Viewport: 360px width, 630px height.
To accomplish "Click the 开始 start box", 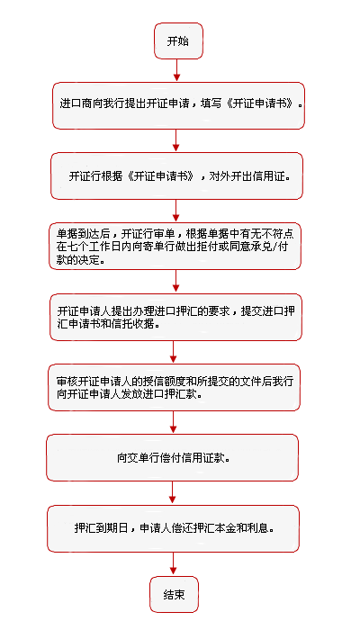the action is pyautogui.click(x=178, y=41).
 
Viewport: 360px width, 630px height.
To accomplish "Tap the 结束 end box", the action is pyautogui.click(x=175, y=594).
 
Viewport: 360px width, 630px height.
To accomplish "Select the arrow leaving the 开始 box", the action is pyautogui.click(x=176, y=71).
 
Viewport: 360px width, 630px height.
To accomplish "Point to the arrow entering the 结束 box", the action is pyautogui.click(x=173, y=564).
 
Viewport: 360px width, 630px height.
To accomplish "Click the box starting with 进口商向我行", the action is pyautogui.click(x=178, y=105).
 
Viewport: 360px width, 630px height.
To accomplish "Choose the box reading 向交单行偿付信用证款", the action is pyautogui.click(x=173, y=457).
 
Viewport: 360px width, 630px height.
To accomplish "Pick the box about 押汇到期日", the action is pyautogui.click(x=173, y=529).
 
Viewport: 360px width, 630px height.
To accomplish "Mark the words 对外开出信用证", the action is pyautogui.click(x=249, y=176).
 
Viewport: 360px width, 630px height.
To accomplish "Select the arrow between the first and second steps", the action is pyautogui.click(x=176, y=141).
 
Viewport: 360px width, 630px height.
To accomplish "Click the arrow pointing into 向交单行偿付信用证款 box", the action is pyautogui.click(x=173, y=423).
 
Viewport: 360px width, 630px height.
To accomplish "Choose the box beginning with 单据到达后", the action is pyautogui.click(x=175, y=246).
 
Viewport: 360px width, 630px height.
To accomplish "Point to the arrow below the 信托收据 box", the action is pyautogui.click(x=174, y=353).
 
